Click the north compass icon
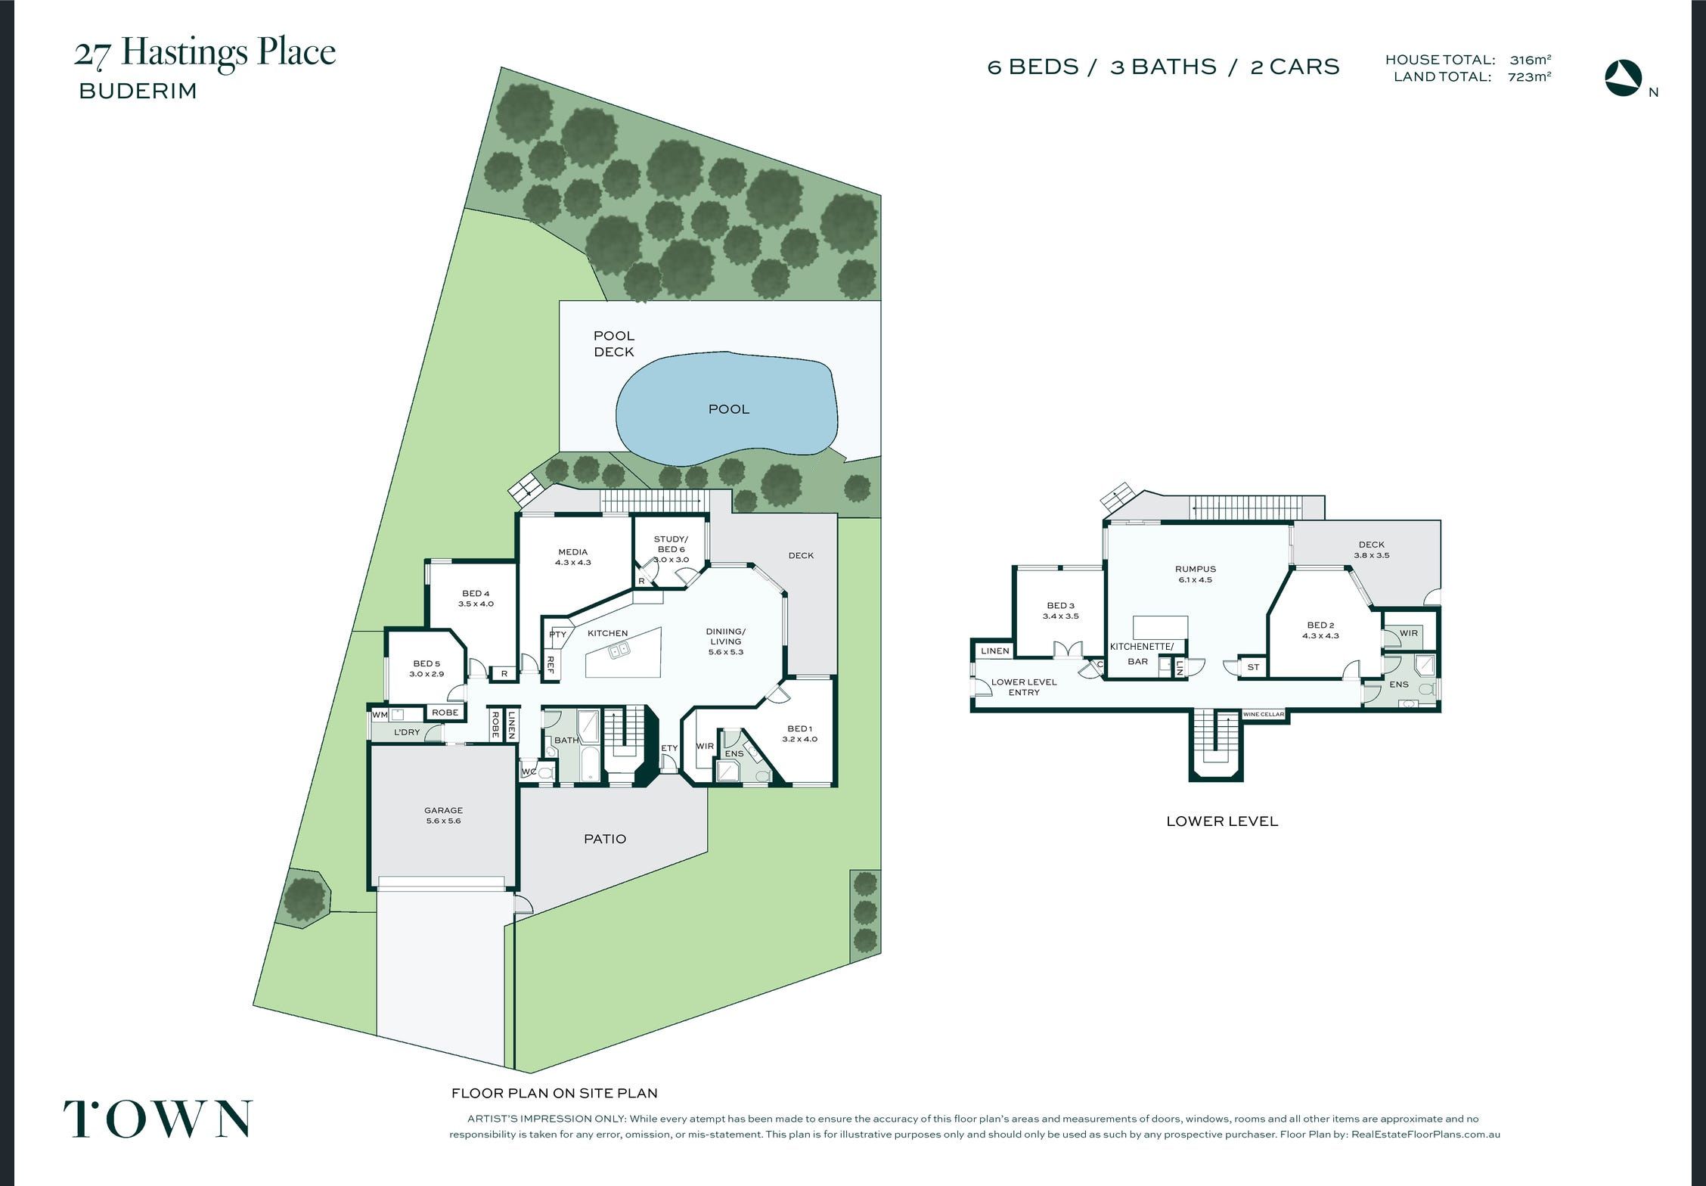[1624, 78]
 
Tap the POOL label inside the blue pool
[729, 409]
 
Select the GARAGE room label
[443, 810]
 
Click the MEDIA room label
[572, 552]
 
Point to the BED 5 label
[426, 663]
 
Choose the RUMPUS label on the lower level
[1196, 570]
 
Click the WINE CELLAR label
[1264, 715]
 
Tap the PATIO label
[605, 839]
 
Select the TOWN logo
[158, 1119]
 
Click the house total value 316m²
[1531, 60]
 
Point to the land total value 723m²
[1529, 76]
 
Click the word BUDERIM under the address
[138, 92]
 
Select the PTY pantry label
[557, 635]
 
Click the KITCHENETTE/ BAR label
[1141, 654]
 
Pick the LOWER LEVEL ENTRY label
[1024, 687]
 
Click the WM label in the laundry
[380, 715]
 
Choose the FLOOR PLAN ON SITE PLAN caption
[554, 1093]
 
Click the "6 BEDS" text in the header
[1033, 67]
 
